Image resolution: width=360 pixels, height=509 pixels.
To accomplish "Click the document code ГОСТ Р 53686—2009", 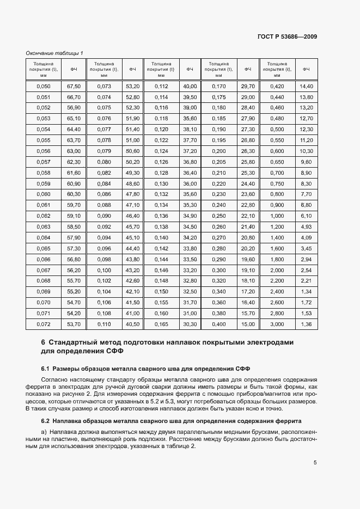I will point(287,36).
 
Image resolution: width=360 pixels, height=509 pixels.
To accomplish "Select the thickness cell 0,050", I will point(42,87).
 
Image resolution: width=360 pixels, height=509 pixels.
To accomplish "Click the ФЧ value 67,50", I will point(74,87).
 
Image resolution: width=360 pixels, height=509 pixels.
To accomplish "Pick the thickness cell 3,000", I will point(277,324).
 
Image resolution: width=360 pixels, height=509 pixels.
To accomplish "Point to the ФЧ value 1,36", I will point(306,324).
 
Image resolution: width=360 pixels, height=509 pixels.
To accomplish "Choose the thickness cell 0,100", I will point(104,271).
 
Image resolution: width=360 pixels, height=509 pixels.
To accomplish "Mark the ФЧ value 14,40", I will point(306,87).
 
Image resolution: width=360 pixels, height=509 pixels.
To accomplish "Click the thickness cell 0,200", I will point(218,151).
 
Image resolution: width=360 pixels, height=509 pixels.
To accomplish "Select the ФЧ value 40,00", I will point(190,87).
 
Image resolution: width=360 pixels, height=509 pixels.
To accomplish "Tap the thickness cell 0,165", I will point(161,324).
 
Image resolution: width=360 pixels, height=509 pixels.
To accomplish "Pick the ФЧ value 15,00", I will point(248,324).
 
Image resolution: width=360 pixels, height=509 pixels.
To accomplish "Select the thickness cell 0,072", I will point(42,324).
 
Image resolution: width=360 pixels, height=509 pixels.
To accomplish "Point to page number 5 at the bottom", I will point(315,463).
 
